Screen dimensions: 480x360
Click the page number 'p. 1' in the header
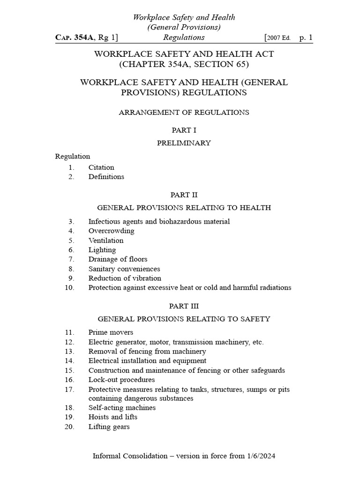point(306,37)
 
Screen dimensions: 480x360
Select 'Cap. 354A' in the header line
point(75,37)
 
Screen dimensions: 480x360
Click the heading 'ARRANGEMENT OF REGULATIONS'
point(184,112)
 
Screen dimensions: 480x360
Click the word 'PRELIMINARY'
point(184,143)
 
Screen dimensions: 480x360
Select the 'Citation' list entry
point(101,167)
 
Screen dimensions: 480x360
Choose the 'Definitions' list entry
point(106,177)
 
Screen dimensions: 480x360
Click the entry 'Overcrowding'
point(111,231)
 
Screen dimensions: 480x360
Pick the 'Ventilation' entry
point(106,240)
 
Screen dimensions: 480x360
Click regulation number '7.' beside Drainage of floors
point(71,259)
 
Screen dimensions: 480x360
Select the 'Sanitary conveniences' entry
point(124,269)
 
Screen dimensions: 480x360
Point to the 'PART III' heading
point(184,306)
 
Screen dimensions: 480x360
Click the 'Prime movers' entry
point(111,332)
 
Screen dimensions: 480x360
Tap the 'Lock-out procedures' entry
point(121,380)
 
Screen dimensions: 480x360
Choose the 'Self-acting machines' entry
point(122,408)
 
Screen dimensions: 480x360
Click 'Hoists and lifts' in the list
point(113,417)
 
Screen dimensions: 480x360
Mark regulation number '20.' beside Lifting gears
point(70,427)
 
